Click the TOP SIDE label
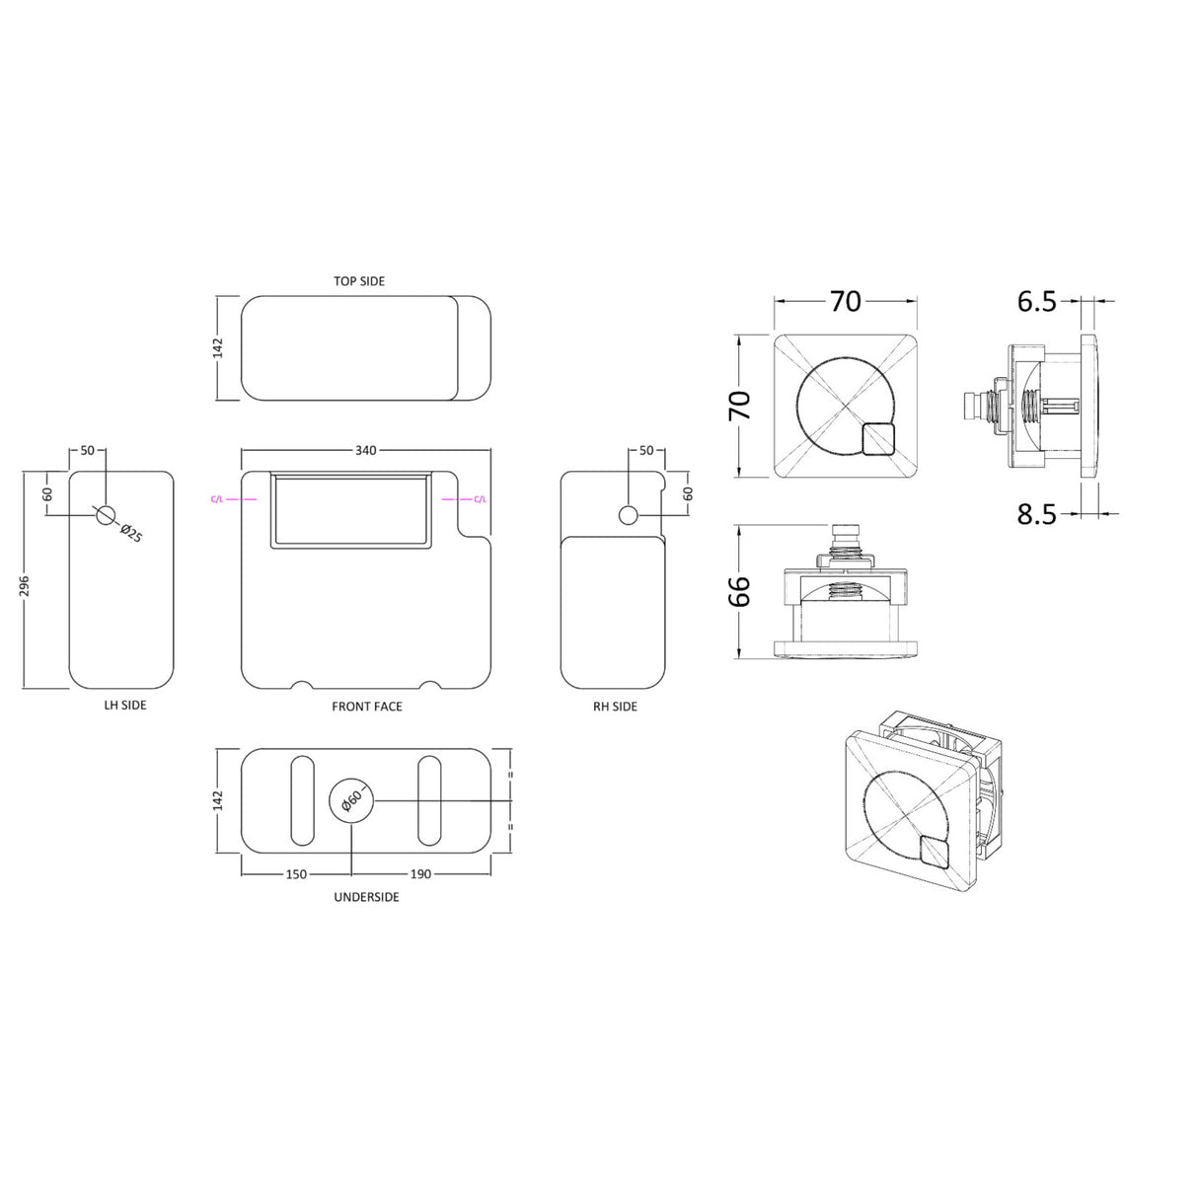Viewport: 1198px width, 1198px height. click(x=359, y=281)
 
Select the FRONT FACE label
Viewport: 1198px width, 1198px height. click(x=366, y=707)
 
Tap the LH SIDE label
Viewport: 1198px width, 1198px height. click(x=125, y=706)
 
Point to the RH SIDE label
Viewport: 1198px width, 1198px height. click(x=615, y=707)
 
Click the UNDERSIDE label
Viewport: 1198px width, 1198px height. click(x=366, y=897)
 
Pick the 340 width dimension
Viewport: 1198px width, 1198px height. click(x=365, y=450)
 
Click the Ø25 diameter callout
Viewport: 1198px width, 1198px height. click(x=131, y=534)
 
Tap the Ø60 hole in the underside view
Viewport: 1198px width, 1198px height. click(x=351, y=800)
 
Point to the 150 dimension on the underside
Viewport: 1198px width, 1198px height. click(x=296, y=874)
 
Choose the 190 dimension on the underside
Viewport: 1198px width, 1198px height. click(x=420, y=874)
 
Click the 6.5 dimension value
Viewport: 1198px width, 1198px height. click(x=1036, y=302)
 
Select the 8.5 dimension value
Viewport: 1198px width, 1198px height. click(x=1036, y=514)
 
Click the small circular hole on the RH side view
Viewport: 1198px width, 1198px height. click(x=629, y=514)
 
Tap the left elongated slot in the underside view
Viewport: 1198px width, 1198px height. click(x=303, y=800)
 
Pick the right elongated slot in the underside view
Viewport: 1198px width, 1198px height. click(x=429, y=800)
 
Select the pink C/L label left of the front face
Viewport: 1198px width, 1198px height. click(x=216, y=499)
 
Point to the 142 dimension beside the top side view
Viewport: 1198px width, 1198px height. click(x=218, y=347)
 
